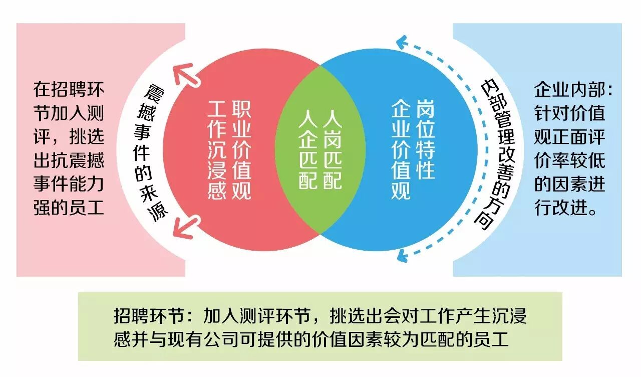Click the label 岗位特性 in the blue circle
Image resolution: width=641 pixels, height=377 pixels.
(x=426, y=139)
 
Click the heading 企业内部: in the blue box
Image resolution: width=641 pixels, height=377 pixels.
(x=573, y=90)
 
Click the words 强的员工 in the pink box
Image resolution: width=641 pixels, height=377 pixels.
(x=69, y=208)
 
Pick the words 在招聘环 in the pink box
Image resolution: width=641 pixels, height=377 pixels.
(x=69, y=89)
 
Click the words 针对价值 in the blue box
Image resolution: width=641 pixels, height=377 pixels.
(x=569, y=113)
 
